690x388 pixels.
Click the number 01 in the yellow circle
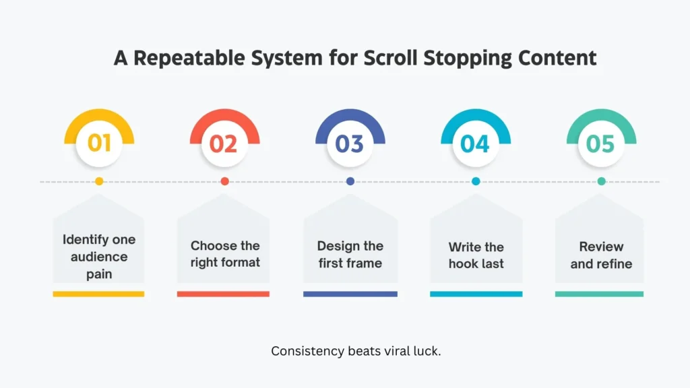99,143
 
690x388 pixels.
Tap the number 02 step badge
224,143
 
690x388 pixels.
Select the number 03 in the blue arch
350,143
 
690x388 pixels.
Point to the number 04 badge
475,143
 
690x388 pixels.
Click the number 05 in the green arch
600,143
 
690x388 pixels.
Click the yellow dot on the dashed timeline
99,181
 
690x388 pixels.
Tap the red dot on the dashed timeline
224,181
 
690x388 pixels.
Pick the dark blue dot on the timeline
350,181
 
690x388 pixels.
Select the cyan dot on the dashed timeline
476,181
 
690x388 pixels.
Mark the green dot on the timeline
601,181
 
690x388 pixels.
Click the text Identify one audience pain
99,257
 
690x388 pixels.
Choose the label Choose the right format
224,254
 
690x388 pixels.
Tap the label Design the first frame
350,254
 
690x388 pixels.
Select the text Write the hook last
476,255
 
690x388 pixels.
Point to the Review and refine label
600,255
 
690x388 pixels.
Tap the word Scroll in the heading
391,58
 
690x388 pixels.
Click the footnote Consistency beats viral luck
356,351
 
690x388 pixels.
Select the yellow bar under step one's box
98,294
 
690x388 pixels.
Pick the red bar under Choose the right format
223,294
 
